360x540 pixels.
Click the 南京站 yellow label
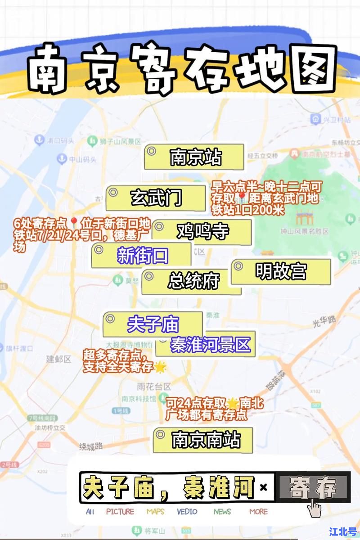click(194, 157)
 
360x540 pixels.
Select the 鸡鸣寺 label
click(202, 231)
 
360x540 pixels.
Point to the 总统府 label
click(192, 281)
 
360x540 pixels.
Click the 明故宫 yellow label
click(281, 271)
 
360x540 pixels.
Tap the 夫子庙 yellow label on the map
click(153, 324)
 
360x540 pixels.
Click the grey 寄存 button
click(314, 487)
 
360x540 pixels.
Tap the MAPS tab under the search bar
click(155, 512)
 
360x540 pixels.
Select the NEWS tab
click(222, 512)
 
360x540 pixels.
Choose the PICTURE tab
click(120, 512)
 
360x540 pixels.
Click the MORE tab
click(258, 512)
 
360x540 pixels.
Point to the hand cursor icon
click(314, 507)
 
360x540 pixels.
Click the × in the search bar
click(264, 487)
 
